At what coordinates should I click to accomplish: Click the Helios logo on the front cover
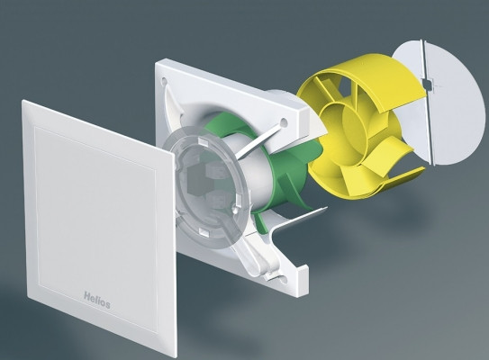pyautogui.click(x=97, y=300)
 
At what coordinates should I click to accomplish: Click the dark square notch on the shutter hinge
pyautogui.click(x=426, y=82)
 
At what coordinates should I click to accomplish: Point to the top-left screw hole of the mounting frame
pyautogui.click(x=164, y=81)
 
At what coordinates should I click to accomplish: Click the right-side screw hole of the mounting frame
pyautogui.click(x=284, y=121)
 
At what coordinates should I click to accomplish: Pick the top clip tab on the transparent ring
pyautogui.click(x=203, y=142)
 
